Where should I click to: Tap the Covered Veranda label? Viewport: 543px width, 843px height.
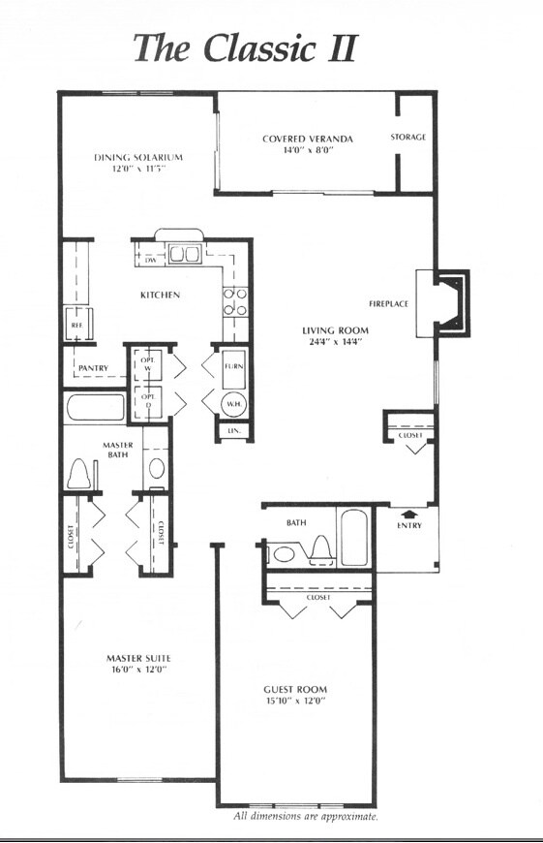point(307,139)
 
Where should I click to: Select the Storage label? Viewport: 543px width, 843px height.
point(407,138)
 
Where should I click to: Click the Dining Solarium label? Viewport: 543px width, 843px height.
point(138,157)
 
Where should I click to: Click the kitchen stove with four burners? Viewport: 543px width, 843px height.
point(233,301)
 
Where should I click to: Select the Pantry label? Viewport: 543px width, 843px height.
point(92,368)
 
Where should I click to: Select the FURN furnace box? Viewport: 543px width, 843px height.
point(233,367)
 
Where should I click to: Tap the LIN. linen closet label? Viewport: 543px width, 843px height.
point(233,430)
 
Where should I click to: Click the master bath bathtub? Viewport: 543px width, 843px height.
point(95,407)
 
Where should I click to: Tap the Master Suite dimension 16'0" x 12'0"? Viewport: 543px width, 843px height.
point(138,668)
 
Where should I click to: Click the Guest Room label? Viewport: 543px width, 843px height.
point(295,689)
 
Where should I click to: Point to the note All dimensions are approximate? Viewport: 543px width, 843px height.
point(306,816)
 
